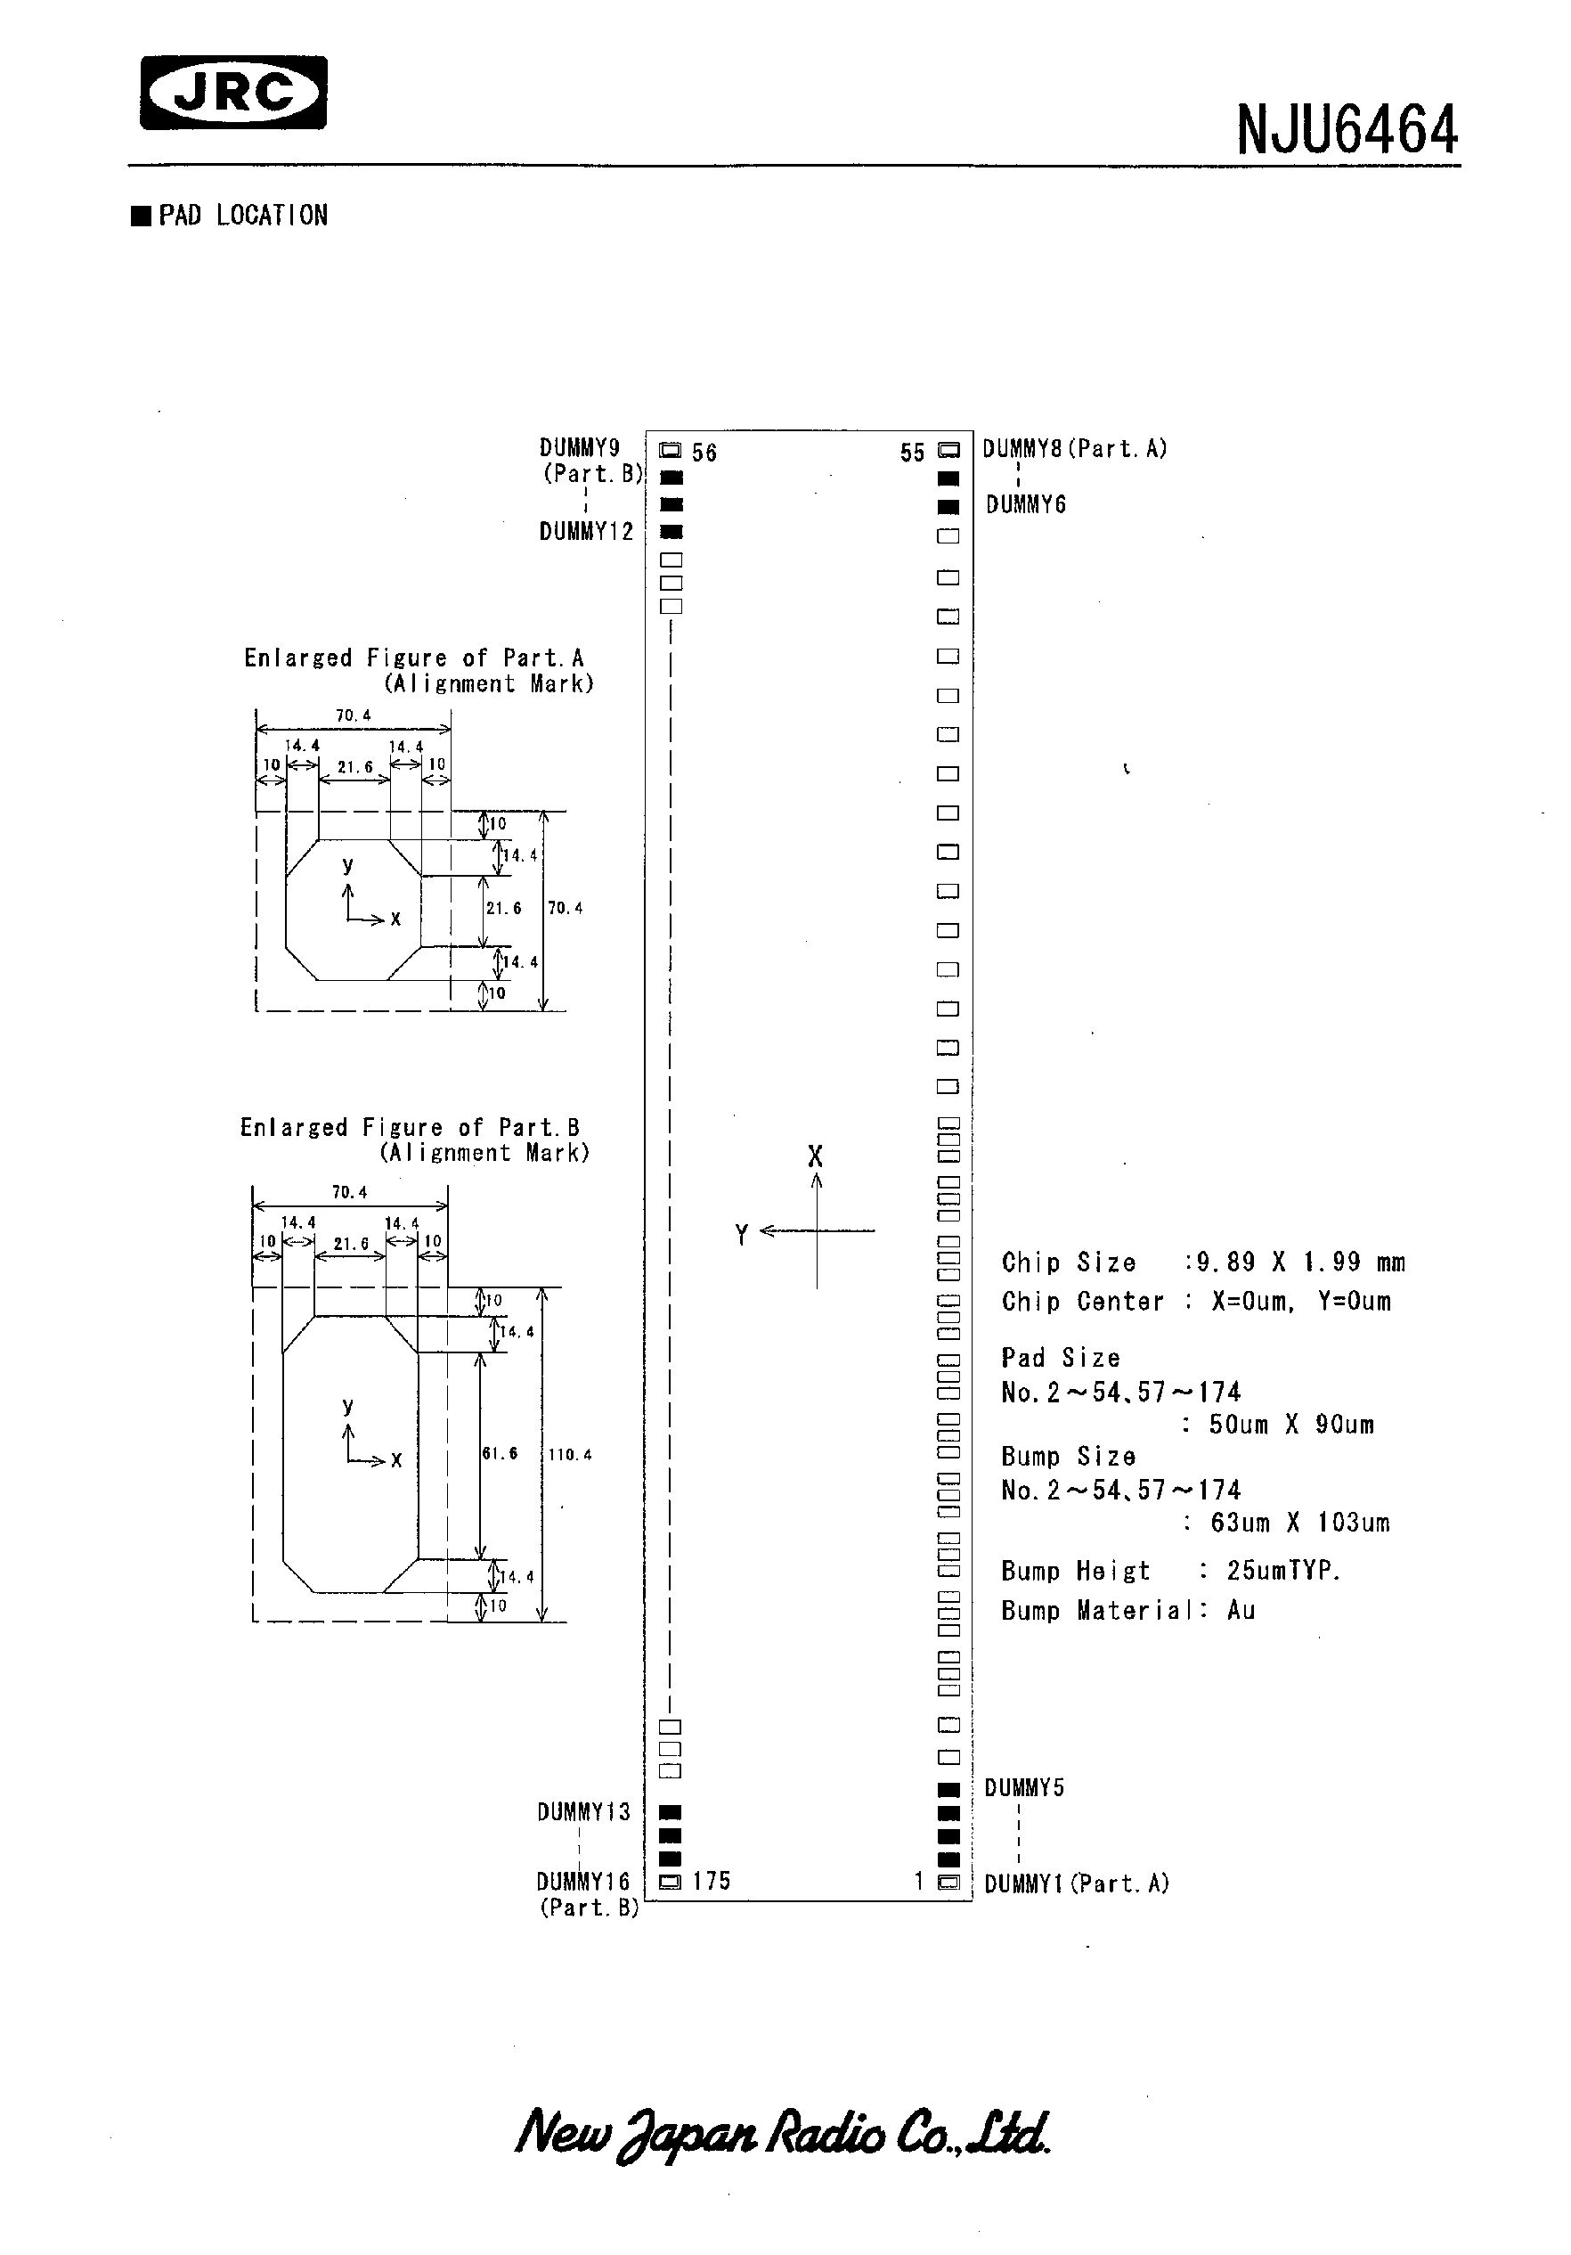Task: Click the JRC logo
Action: point(233,94)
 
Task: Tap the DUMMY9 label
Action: point(579,448)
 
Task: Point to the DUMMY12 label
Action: point(586,532)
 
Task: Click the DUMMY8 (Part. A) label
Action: point(1074,449)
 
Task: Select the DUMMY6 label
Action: point(1025,505)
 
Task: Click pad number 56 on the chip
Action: point(671,451)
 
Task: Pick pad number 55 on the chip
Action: point(948,451)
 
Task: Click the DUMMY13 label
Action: point(583,1812)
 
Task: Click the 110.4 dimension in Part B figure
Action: point(569,1455)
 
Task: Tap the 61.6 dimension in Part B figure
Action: point(500,1452)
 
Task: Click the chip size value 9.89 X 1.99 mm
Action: point(1300,1262)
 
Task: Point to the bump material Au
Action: point(1241,1611)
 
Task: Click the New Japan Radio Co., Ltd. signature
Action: point(783,2133)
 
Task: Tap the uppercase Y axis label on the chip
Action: point(741,1235)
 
